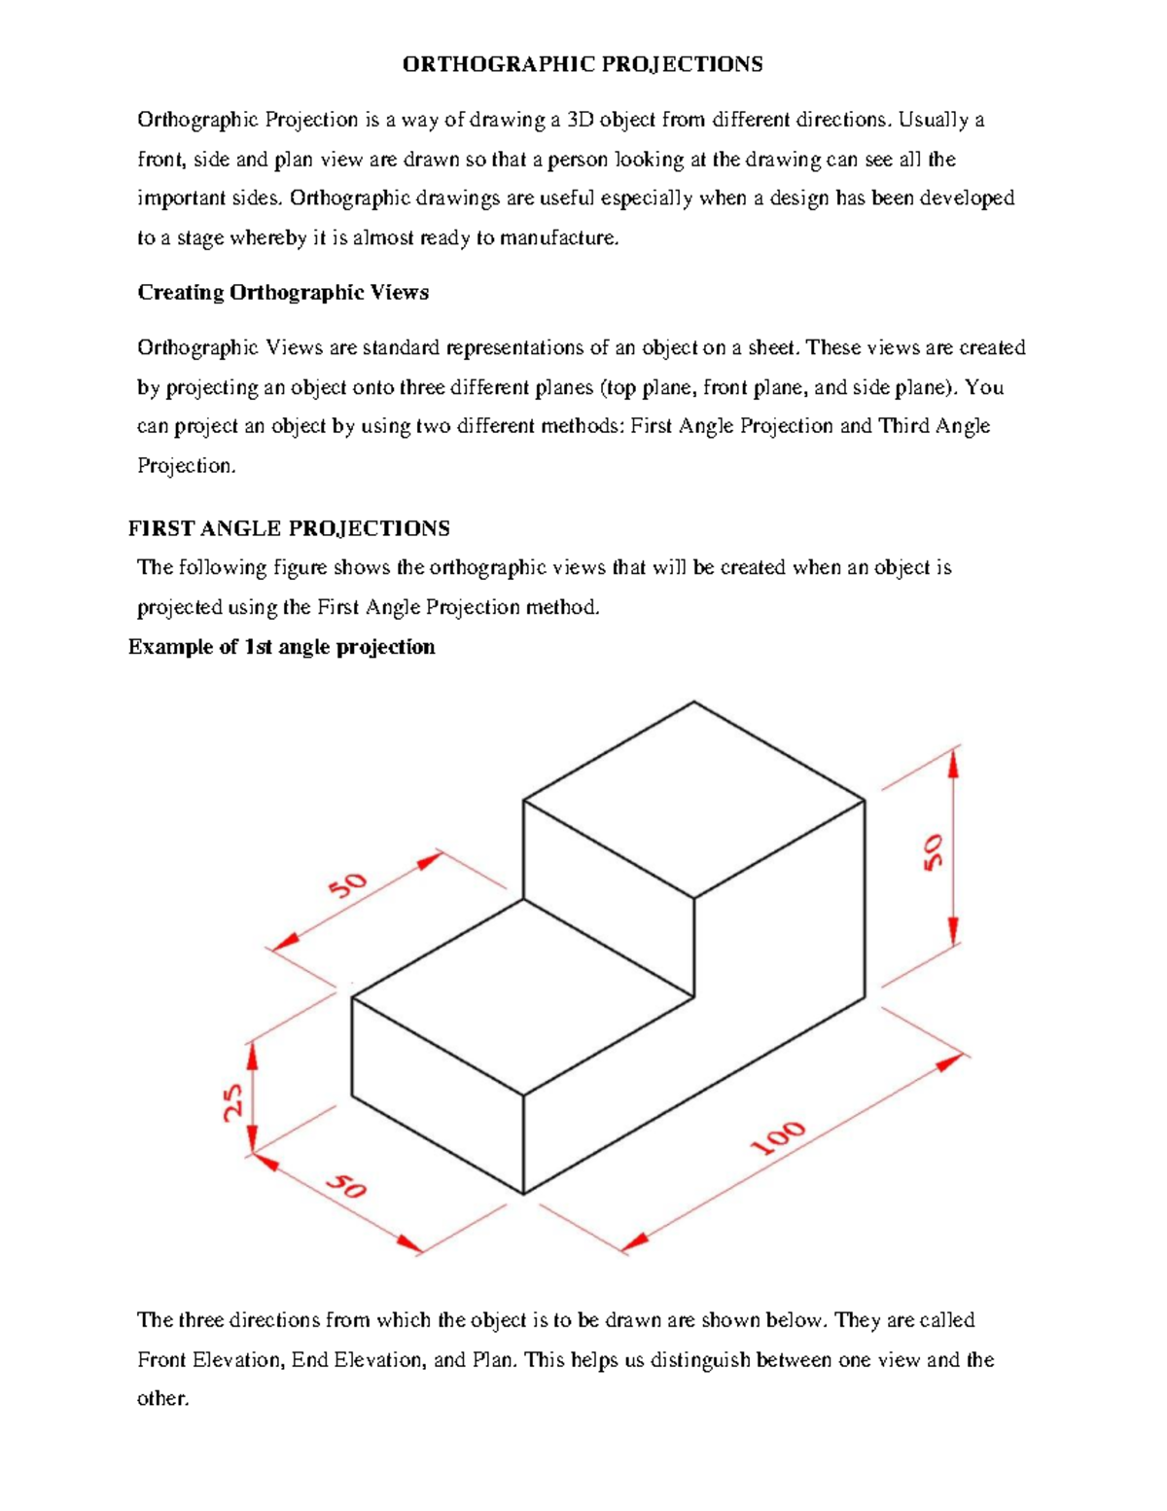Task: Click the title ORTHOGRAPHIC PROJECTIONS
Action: (x=583, y=64)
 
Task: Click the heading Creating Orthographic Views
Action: (x=282, y=293)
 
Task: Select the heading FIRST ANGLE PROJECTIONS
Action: (x=289, y=528)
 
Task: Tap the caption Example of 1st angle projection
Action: (x=281, y=647)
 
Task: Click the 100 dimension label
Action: (x=778, y=1137)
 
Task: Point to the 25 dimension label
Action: (x=233, y=1102)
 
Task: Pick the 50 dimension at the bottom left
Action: (x=346, y=1186)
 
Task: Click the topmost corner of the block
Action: (x=693, y=702)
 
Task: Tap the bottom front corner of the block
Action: (x=523, y=1194)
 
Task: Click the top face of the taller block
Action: (x=693, y=800)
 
